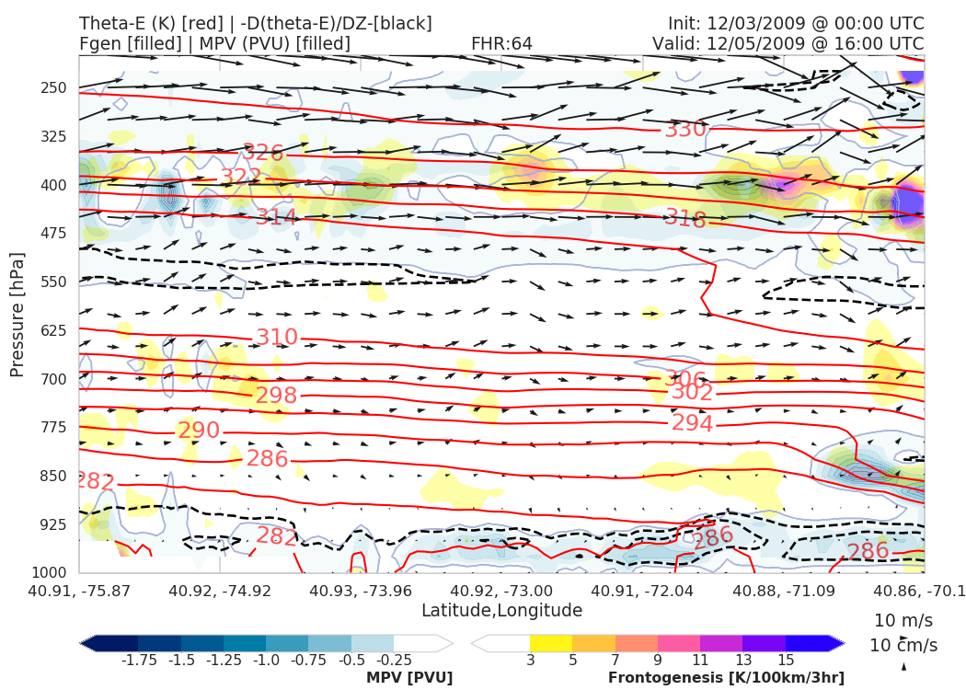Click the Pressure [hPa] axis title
[x=17, y=316]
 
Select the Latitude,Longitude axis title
[x=501, y=610]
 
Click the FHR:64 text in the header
[x=501, y=43]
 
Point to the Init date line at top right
[x=796, y=23]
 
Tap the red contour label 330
[x=685, y=130]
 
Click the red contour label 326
[x=263, y=153]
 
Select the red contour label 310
[x=277, y=338]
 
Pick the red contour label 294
[x=693, y=423]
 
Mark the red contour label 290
[x=199, y=431]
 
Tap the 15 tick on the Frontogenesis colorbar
[x=785, y=661]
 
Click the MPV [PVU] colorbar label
[x=409, y=678]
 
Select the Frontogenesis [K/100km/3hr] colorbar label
[x=726, y=678]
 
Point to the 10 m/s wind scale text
[x=903, y=620]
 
